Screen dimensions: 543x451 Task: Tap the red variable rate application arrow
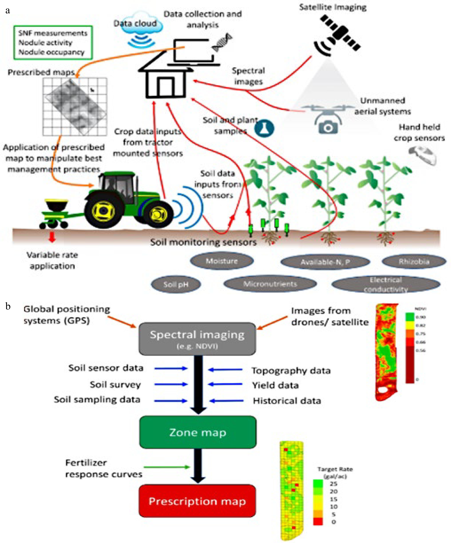click(x=52, y=237)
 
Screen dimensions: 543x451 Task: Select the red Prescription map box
click(x=197, y=501)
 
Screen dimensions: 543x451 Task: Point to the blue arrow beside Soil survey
click(x=171, y=384)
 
